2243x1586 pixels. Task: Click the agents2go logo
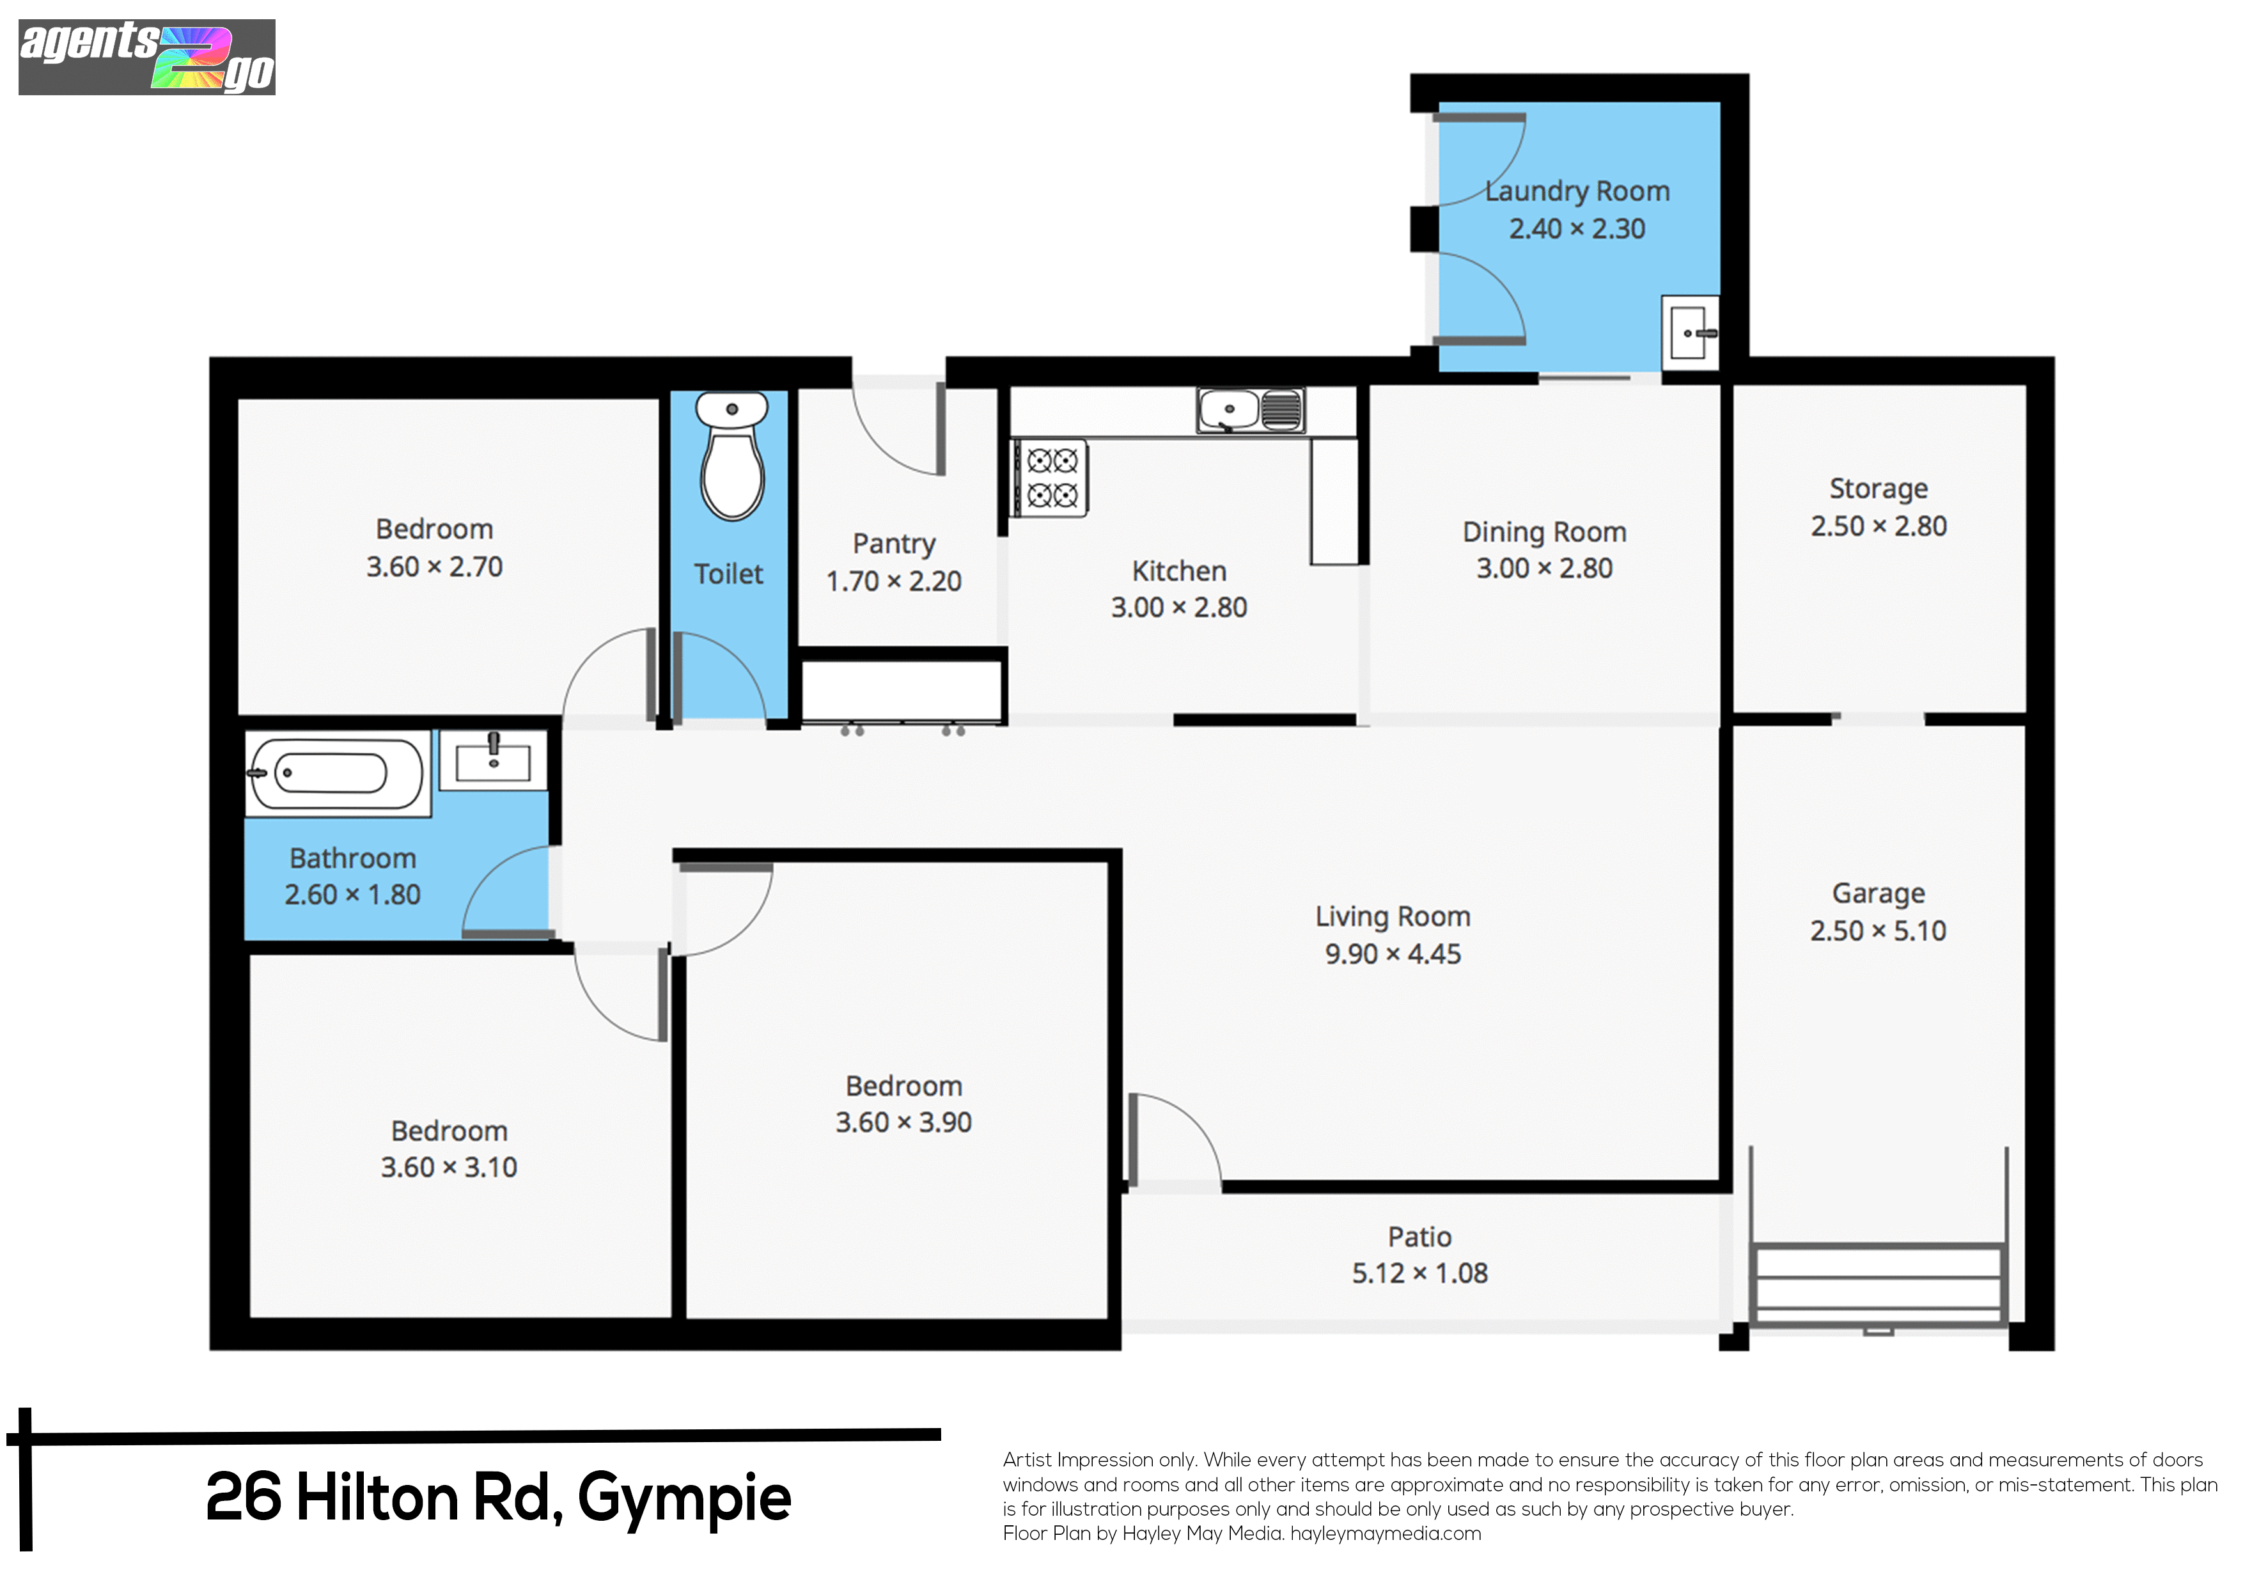click(146, 57)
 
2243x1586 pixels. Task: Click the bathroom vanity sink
click(494, 760)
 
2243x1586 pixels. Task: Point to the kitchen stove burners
click(1051, 478)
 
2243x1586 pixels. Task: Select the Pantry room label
click(894, 544)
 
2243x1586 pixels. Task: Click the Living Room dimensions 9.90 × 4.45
click(1392, 954)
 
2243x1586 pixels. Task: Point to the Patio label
click(1419, 1237)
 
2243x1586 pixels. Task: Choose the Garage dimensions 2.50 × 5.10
click(1878, 930)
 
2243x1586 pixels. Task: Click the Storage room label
click(1879, 489)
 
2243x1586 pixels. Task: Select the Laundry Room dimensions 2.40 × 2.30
click(1577, 229)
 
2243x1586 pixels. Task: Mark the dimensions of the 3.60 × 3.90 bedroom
click(903, 1122)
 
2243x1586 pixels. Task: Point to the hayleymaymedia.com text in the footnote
click(1386, 1533)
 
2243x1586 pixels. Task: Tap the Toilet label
click(729, 574)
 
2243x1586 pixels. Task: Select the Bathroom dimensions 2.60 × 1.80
click(353, 894)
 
